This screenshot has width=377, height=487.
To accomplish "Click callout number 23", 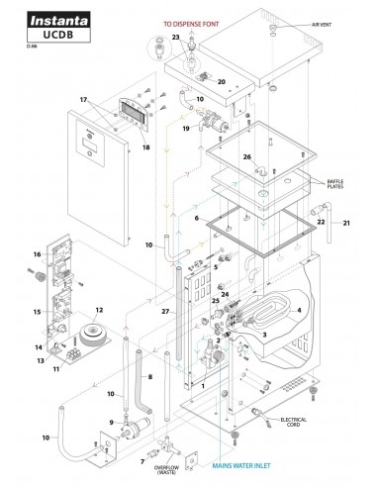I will (176, 37).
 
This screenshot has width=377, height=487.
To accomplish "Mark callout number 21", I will (346, 226).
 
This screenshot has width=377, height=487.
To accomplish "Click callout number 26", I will (248, 155).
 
